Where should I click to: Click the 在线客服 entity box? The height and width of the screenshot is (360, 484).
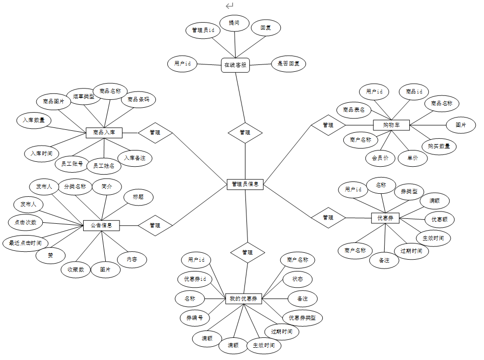235,64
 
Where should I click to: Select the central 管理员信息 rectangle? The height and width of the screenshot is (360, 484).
245,184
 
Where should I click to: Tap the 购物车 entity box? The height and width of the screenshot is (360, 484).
391,125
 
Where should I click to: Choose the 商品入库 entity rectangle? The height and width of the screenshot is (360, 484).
104,132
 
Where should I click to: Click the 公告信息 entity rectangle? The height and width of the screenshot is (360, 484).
101,225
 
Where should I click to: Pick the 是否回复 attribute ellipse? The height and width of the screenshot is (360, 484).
289,63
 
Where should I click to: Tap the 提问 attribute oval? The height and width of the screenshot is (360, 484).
234,23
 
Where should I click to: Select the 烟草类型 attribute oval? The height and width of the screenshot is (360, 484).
84,97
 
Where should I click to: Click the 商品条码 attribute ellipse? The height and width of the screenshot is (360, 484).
138,99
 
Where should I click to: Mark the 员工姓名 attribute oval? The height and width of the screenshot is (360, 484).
104,166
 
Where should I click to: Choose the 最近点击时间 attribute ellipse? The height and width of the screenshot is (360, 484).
26,243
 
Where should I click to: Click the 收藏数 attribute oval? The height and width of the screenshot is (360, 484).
76,270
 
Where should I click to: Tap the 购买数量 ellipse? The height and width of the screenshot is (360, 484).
439,146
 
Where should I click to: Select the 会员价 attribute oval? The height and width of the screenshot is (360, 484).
380,158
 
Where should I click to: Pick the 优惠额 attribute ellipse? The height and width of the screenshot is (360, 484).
439,219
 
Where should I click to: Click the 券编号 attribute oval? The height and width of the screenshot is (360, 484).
195,318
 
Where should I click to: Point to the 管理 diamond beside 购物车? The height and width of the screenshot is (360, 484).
328,125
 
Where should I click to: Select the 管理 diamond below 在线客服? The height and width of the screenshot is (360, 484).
245,132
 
